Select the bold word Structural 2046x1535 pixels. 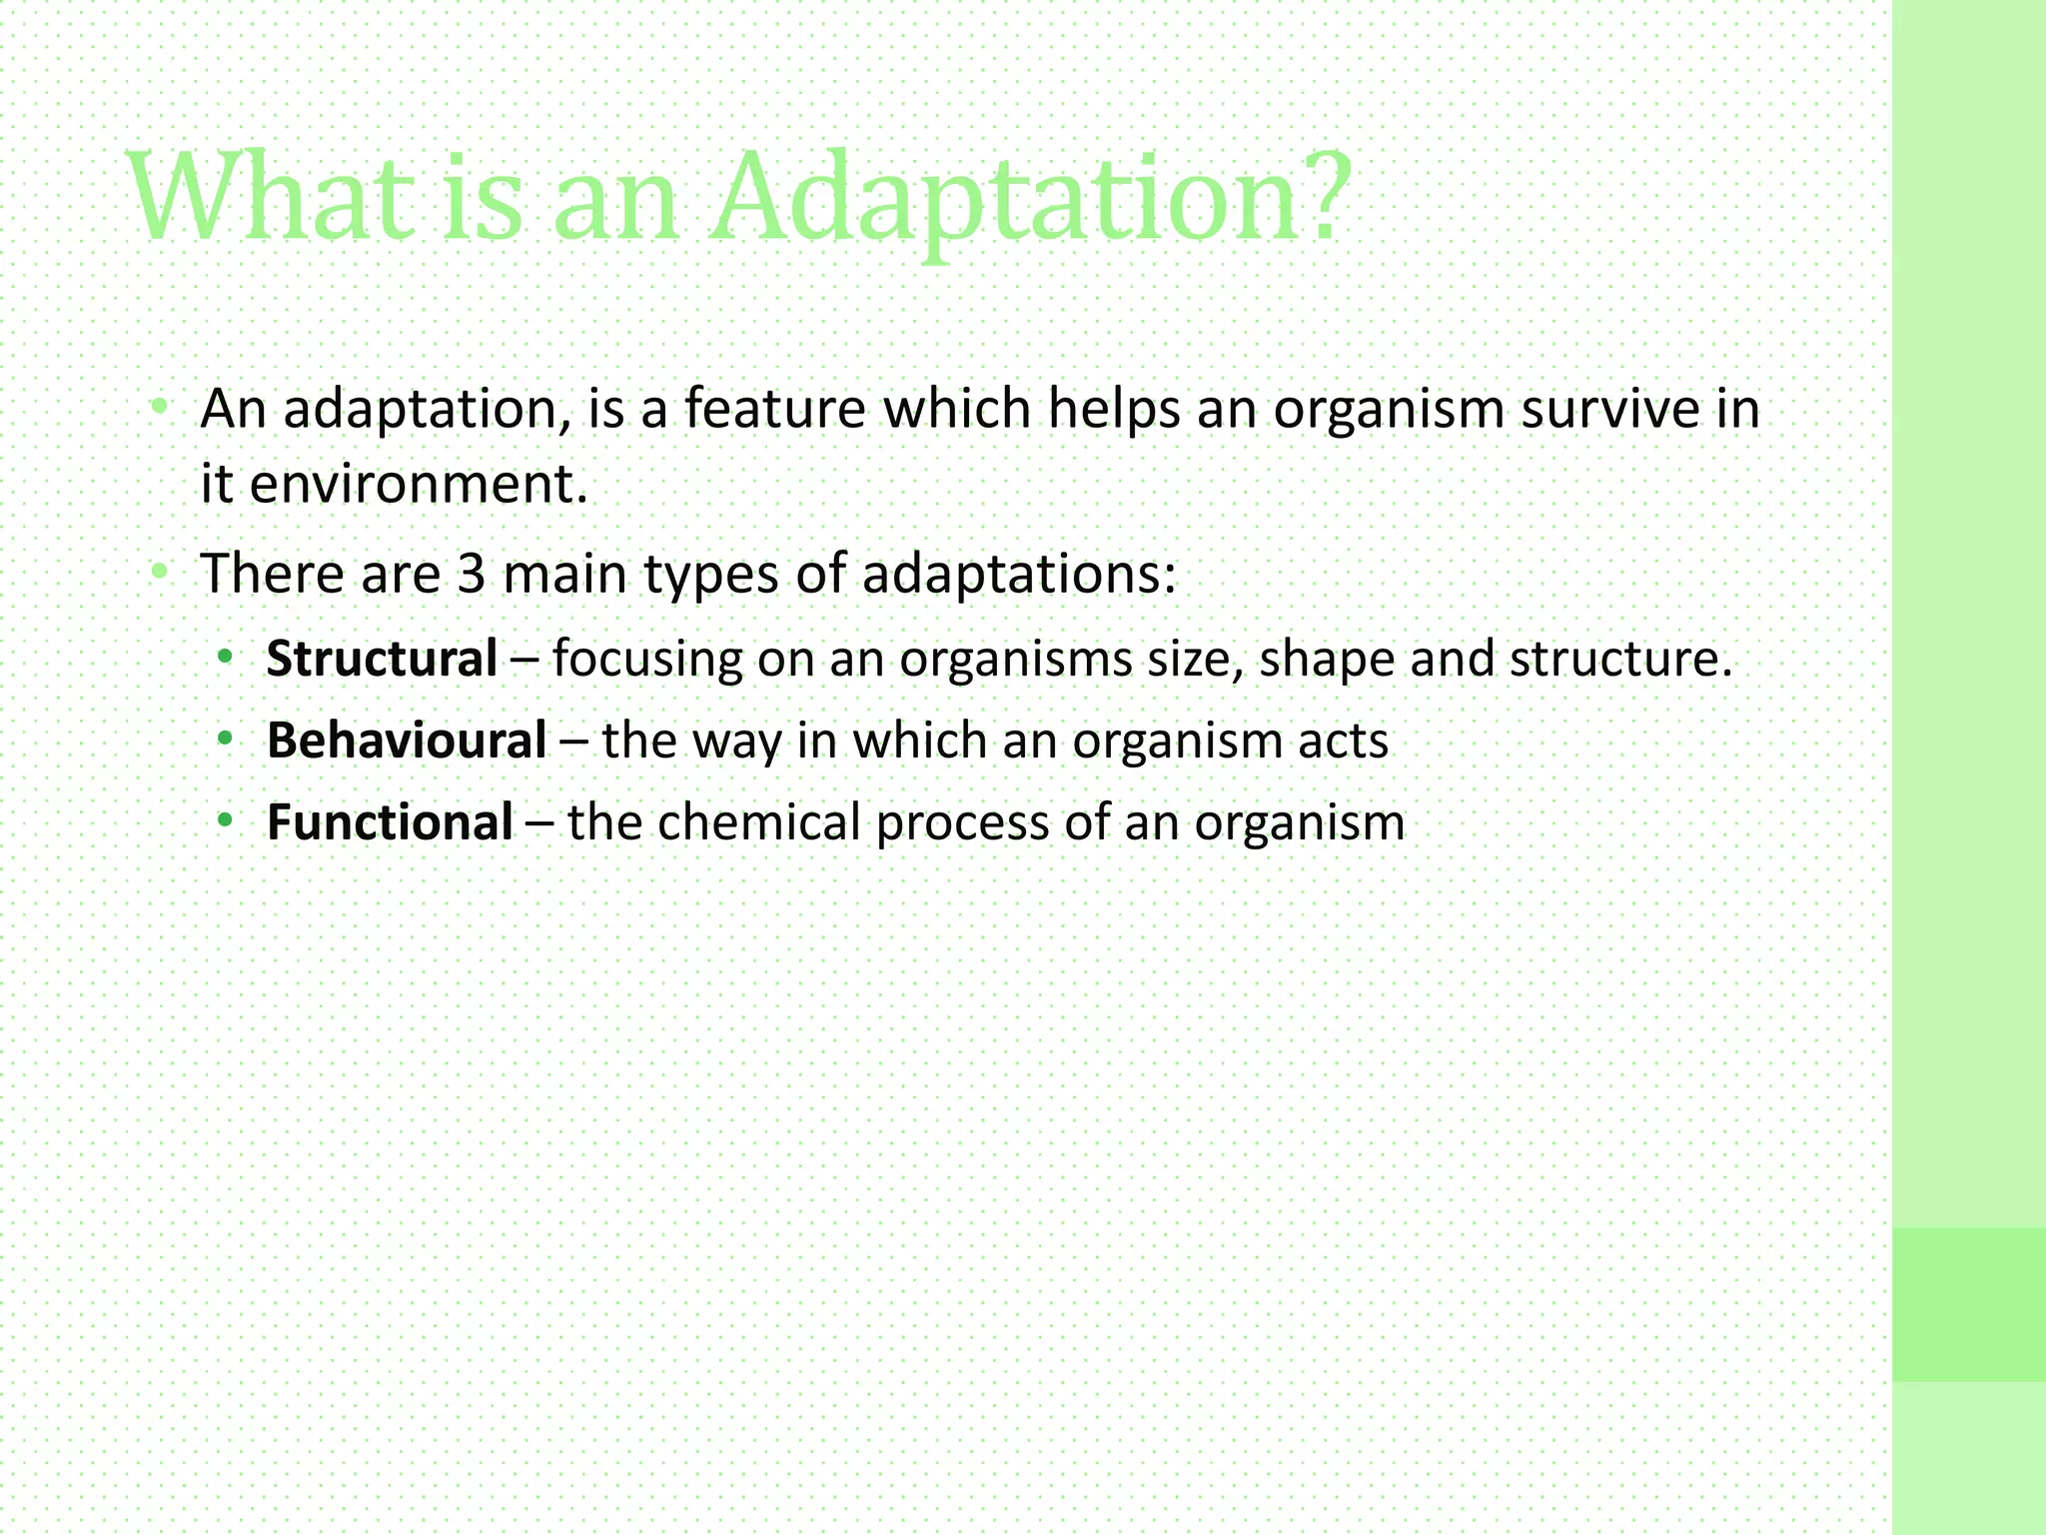coord(382,660)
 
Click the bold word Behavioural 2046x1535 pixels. coord(407,742)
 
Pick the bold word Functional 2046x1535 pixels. coord(390,823)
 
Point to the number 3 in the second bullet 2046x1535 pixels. coord(471,575)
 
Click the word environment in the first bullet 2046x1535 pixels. coord(410,485)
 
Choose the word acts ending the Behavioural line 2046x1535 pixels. coord(1343,742)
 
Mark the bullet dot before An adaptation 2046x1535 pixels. coord(159,408)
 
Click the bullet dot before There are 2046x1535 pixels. coord(159,573)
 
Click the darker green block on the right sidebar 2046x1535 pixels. coord(1968,1304)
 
